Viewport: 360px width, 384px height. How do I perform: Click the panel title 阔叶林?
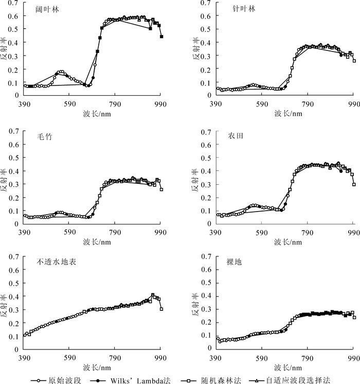tap(41, 10)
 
